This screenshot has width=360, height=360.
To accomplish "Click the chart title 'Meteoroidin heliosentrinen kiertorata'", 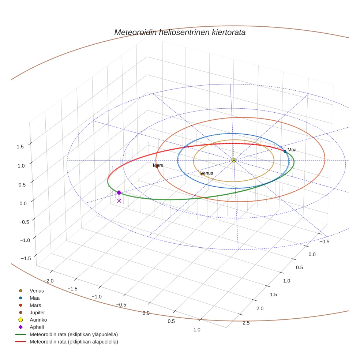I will (180, 32).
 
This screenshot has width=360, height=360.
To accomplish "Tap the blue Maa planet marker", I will (285, 151).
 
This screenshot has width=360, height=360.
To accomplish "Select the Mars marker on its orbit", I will (157, 167).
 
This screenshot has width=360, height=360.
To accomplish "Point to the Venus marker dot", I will (202, 174).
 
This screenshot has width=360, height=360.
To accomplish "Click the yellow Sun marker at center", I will (234, 160).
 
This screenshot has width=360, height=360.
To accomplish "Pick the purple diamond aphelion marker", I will (119, 192).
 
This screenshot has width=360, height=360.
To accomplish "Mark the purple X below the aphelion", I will (119, 200).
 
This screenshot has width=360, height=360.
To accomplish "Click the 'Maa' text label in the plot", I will (292, 150).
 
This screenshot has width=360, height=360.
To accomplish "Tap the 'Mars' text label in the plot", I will (158, 165).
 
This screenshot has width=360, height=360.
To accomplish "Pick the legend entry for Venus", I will (37, 291).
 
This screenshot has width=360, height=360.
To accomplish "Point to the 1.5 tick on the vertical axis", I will (20, 146).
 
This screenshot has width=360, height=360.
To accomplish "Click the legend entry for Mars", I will (35, 305).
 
